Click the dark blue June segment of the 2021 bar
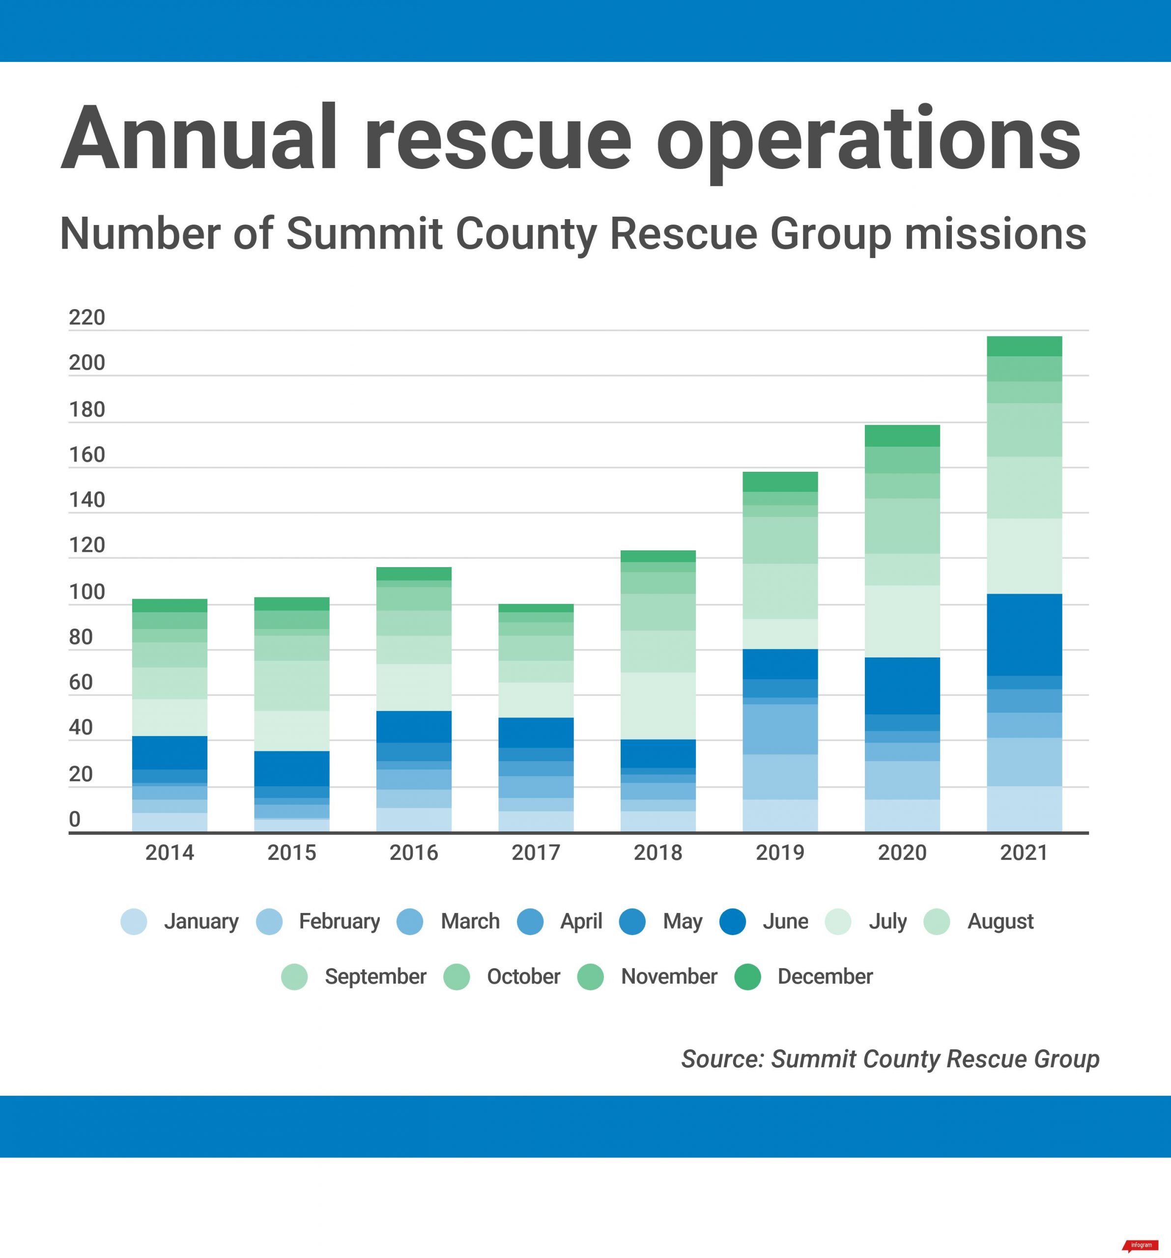(1024, 635)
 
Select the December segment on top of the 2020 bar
(902, 435)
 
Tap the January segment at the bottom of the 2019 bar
(779, 816)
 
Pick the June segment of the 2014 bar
(170, 752)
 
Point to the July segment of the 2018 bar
(658, 706)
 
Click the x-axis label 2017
(536, 853)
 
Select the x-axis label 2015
(291, 853)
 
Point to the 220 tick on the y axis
(86, 317)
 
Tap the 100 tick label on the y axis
(86, 592)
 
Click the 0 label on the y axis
(75, 819)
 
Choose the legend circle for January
(134, 921)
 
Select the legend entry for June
(784, 921)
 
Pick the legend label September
(375, 976)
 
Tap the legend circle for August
(936, 921)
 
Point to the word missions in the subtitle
(995, 233)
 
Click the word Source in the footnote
(722, 1058)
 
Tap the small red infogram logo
(1141, 1245)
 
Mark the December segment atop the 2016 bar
(414, 573)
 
